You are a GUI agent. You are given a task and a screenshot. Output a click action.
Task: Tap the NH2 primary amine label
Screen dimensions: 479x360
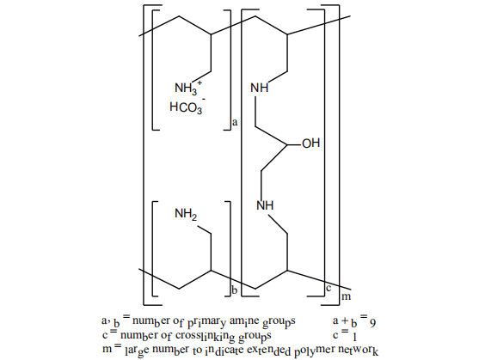(x=186, y=214)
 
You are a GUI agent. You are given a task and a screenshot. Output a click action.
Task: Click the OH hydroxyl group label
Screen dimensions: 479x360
(x=311, y=143)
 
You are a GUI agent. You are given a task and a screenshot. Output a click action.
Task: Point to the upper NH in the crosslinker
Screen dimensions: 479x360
(x=260, y=88)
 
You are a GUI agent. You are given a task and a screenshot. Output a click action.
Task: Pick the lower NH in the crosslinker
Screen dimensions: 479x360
(x=265, y=205)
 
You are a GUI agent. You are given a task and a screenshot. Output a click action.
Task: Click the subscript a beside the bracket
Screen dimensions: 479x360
(x=235, y=123)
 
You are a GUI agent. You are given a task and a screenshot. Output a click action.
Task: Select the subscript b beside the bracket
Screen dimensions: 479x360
(x=235, y=290)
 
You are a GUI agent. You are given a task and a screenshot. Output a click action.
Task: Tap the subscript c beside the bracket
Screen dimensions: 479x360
(x=329, y=288)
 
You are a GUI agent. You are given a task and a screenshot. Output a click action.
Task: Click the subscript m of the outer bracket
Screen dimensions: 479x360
(x=346, y=296)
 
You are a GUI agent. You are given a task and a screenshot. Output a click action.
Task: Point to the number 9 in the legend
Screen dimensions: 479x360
(x=372, y=323)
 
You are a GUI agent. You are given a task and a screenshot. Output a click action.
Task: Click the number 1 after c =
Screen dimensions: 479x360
(x=354, y=337)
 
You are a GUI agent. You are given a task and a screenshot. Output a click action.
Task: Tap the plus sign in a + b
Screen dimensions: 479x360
(x=345, y=321)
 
